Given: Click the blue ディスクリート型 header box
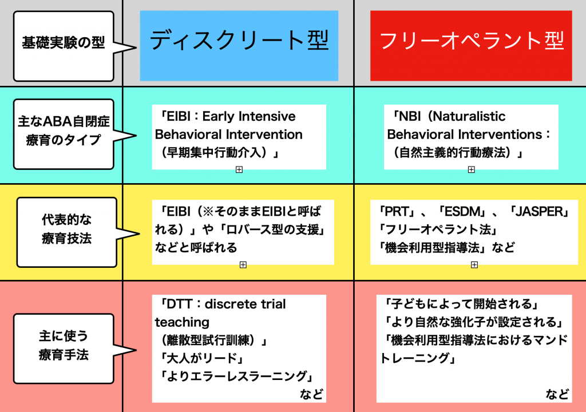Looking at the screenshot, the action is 239,46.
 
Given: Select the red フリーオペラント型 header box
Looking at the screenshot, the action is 471,46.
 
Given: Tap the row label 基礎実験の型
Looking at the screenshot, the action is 63,42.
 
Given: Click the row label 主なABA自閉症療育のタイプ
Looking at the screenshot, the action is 64,130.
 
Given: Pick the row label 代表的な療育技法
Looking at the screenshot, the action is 66,229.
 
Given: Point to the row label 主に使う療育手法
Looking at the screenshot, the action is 64,345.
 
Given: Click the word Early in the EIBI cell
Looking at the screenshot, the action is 218,117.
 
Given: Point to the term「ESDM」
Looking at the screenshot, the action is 462,212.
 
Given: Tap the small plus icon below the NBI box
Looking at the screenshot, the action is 472,170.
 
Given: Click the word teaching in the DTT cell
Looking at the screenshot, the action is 183,323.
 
